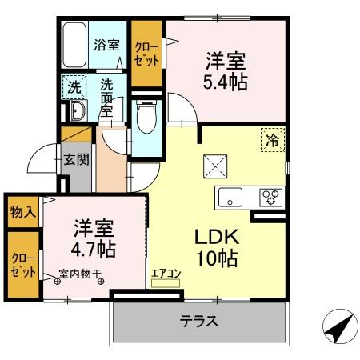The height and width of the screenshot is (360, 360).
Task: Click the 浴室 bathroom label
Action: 106,45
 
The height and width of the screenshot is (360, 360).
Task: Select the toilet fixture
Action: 146,118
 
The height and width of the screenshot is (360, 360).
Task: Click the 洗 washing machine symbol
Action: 74,86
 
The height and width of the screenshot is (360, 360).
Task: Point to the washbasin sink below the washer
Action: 77,110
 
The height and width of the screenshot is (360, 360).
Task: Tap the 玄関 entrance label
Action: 78,158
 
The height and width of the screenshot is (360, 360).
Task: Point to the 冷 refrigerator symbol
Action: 272,141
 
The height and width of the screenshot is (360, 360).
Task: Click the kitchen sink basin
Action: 227,197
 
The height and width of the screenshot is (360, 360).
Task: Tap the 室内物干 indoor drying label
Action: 78,274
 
